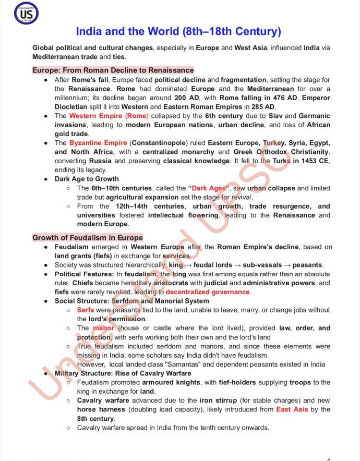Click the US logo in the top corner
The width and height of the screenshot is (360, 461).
20,15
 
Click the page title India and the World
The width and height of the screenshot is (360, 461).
179,31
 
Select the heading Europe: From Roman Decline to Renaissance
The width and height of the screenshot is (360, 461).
113,70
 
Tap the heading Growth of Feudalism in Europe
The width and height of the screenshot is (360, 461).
88,237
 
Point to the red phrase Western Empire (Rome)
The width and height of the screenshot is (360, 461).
109,116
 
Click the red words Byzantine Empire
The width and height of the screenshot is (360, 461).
98,143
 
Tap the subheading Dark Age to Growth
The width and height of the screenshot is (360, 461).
87,179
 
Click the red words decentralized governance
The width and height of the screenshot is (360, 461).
208,292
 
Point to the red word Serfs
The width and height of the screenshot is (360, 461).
86,310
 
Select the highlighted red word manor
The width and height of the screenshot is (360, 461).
103,328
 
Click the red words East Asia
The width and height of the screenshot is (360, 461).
292,409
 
